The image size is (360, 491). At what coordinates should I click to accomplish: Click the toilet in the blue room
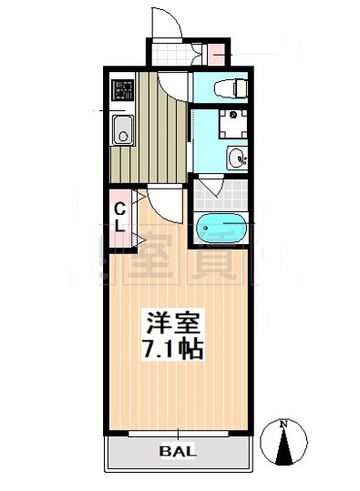point(228,88)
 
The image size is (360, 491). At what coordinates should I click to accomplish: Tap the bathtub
point(221,226)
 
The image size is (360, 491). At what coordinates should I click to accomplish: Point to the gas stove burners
point(122,90)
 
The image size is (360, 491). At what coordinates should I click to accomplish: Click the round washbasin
point(237,157)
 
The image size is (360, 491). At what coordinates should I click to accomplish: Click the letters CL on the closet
point(119,217)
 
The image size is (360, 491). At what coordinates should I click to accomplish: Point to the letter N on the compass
point(283,424)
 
